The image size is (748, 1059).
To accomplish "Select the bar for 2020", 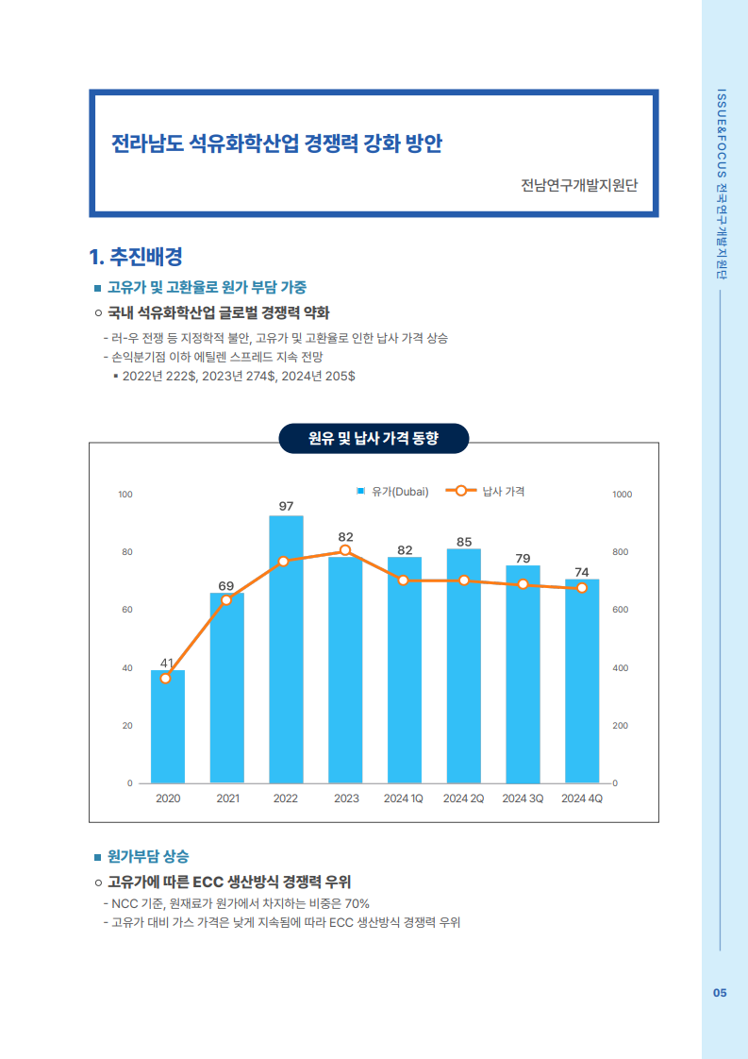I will [168, 727].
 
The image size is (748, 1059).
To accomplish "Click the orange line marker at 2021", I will [226, 600].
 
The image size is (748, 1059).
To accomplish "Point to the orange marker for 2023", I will [345, 550].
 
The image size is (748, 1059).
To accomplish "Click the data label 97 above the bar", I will [286, 507].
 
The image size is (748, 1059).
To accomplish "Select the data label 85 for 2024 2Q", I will [464, 542].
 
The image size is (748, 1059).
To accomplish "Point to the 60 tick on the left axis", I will [125, 610].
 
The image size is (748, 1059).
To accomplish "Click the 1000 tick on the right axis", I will [623, 495].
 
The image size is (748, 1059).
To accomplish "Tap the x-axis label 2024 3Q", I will [523, 798].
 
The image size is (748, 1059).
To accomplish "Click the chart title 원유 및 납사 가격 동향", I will [374, 439].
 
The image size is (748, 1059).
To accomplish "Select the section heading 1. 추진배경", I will [135, 256].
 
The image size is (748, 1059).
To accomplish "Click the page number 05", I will [720, 993].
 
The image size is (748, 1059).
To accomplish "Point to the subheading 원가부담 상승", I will [147, 857].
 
